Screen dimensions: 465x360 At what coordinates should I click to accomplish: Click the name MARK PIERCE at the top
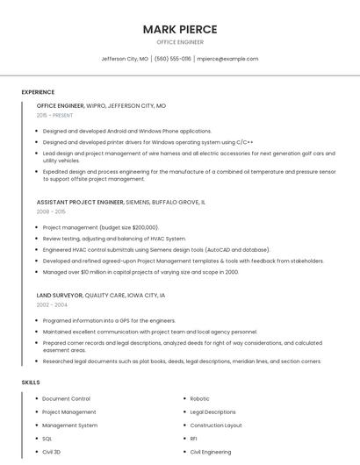click(180, 29)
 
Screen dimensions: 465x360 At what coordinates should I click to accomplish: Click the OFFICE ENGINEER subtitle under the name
click(180, 42)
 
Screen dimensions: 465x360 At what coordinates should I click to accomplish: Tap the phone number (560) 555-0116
click(172, 59)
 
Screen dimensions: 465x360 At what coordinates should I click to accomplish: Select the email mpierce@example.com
click(227, 59)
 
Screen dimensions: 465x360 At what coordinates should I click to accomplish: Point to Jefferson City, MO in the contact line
click(125, 59)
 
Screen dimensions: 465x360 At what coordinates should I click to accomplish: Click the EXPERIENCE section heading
click(38, 92)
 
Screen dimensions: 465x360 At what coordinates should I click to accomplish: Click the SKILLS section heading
click(31, 383)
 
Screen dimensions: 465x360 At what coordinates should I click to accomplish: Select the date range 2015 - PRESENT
click(54, 115)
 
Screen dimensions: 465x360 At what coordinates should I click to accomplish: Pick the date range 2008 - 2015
click(51, 211)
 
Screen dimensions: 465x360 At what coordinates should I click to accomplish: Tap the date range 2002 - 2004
click(51, 304)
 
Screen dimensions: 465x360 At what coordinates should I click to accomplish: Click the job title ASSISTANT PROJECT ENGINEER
click(80, 202)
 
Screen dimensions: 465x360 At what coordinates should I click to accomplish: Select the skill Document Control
click(66, 398)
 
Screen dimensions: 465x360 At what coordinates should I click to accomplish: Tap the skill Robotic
click(199, 398)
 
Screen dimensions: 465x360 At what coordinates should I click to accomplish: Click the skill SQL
click(47, 438)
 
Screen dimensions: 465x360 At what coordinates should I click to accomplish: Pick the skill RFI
click(194, 438)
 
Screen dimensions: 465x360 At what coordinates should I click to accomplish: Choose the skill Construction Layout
click(215, 425)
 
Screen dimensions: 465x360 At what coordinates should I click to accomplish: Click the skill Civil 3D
click(52, 451)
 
